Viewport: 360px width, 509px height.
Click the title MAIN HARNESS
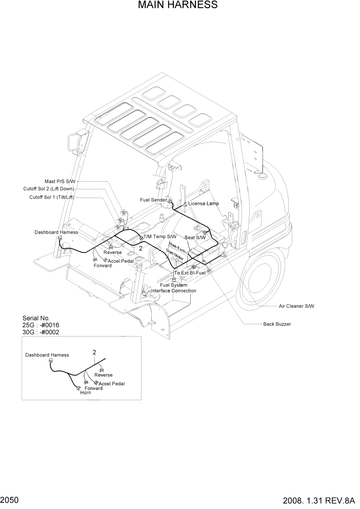point(177,6)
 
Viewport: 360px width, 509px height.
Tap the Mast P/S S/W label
point(59,181)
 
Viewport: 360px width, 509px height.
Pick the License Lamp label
point(204,204)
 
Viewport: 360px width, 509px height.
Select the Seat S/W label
point(195,238)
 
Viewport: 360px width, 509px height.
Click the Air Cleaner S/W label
point(296,306)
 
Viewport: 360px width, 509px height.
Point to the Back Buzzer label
point(277,324)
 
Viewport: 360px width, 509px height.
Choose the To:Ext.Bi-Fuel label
point(190,272)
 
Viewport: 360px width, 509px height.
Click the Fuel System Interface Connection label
point(173,288)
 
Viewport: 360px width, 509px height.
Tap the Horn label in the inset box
point(85,393)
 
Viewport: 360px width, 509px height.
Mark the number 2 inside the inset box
point(94,352)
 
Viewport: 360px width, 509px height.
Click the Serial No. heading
point(36,318)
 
